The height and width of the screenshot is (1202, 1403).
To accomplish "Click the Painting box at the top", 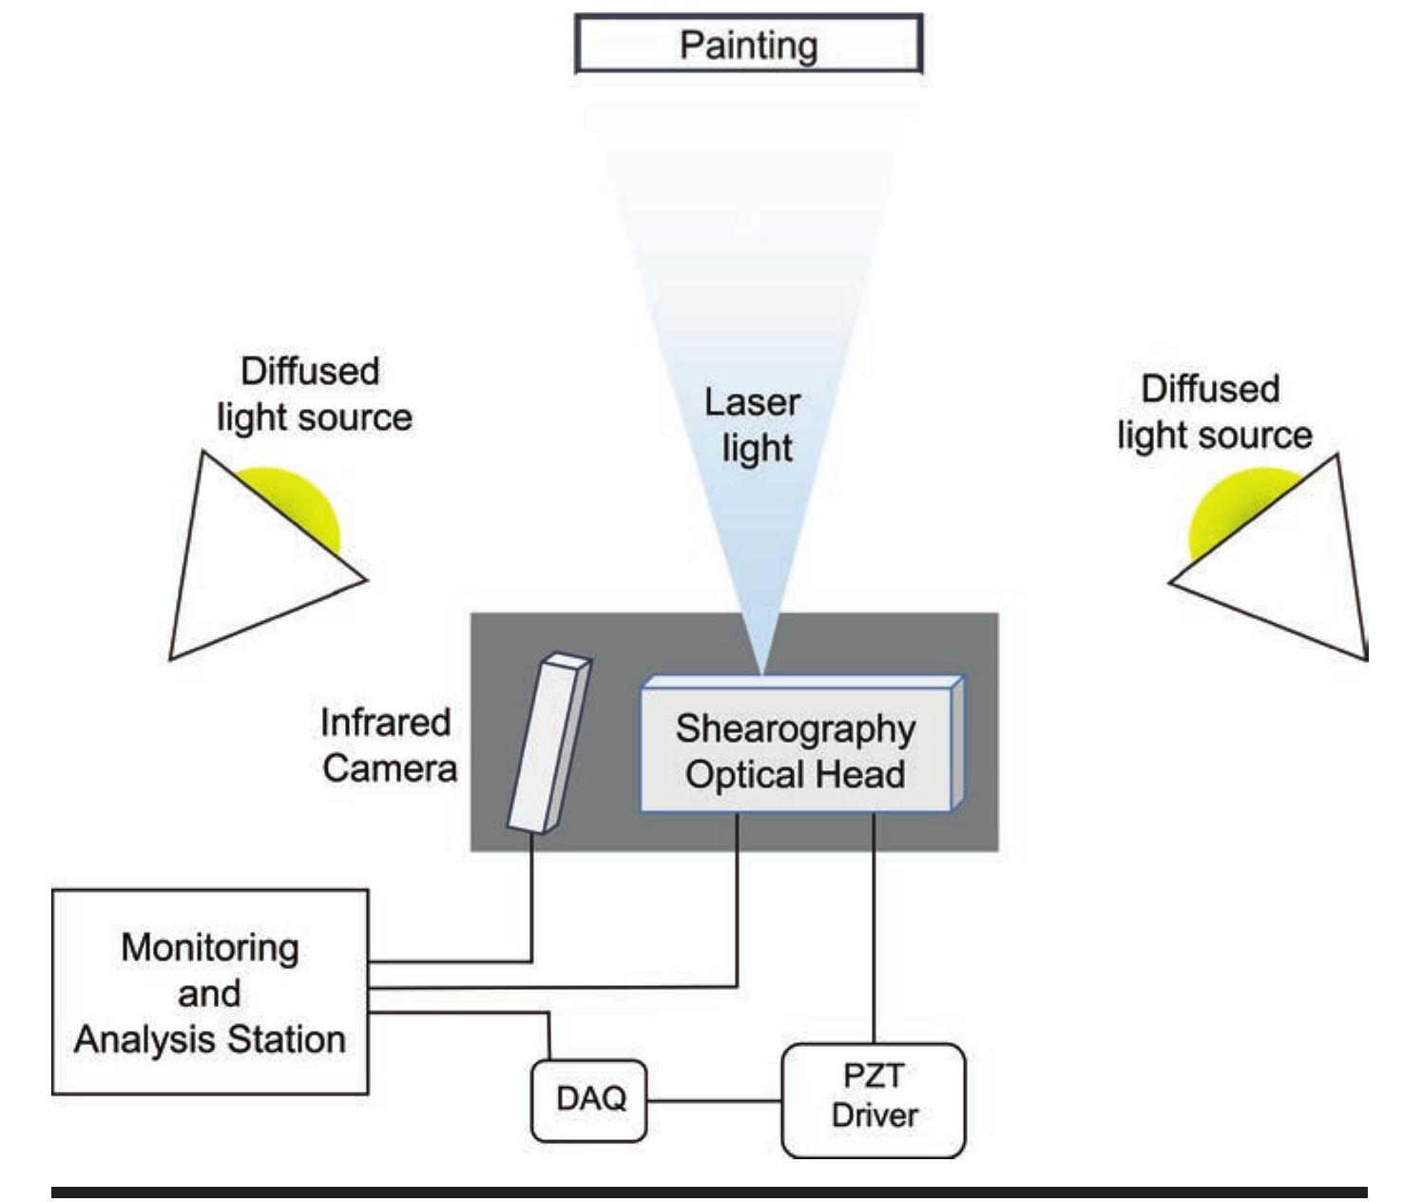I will coord(748,45).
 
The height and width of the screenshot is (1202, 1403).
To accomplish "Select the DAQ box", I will coord(589,1099).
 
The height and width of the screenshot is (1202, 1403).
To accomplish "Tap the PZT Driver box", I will coord(873,1099).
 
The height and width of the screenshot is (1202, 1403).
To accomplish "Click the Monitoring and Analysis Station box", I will coord(209,992).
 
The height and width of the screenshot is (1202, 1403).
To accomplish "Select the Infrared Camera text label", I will coord(388,746).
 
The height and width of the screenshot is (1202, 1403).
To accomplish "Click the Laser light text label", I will coord(753,425).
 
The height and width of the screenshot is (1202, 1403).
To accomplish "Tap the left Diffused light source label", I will coord(312,394).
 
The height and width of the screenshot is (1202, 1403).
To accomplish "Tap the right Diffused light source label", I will coord(1213,412).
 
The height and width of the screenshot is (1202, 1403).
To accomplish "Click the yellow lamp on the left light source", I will coord(299,499).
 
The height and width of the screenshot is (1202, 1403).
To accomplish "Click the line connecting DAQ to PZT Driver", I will coord(713,1102).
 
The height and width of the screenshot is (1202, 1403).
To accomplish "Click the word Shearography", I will coord(796,729).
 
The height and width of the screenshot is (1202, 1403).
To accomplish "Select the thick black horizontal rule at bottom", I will coord(708,1192).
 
